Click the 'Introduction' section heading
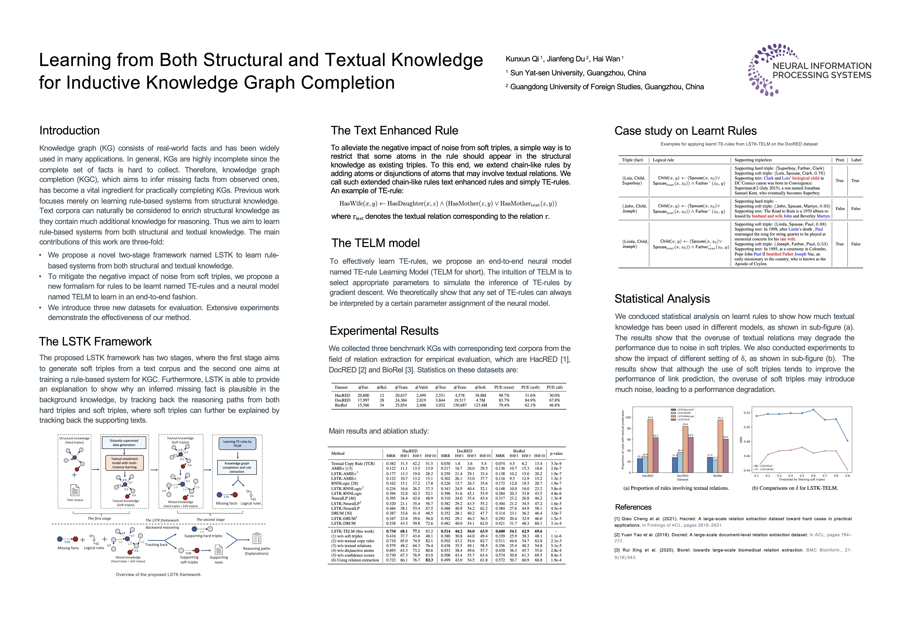[69, 130]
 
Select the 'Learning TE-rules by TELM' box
[237, 444]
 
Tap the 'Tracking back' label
[156, 545]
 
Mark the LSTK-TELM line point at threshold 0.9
[847, 440]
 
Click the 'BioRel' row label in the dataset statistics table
[341, 405]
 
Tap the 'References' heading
[633, 507]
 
